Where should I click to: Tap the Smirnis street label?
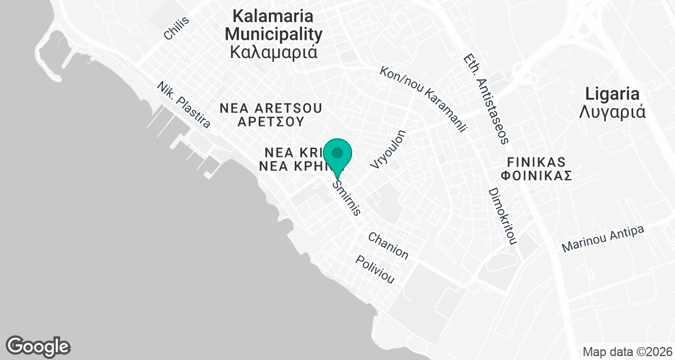coord(346,199)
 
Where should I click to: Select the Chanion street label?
coord(388,245)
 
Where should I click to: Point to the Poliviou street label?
coord(375,269)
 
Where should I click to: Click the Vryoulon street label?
coord(388,150)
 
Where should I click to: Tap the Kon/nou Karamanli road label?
coord(424,100)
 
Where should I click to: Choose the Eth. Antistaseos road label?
coord(485,98)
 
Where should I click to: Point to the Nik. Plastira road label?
coord(184,105)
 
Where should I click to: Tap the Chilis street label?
coord(176,28)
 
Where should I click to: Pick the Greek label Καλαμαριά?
coord(274,52)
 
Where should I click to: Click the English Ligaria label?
coord(612,93)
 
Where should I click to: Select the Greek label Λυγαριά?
coord(612,111)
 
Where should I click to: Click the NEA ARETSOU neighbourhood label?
coord(271,107)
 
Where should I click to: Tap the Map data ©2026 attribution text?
coord(626,352)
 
